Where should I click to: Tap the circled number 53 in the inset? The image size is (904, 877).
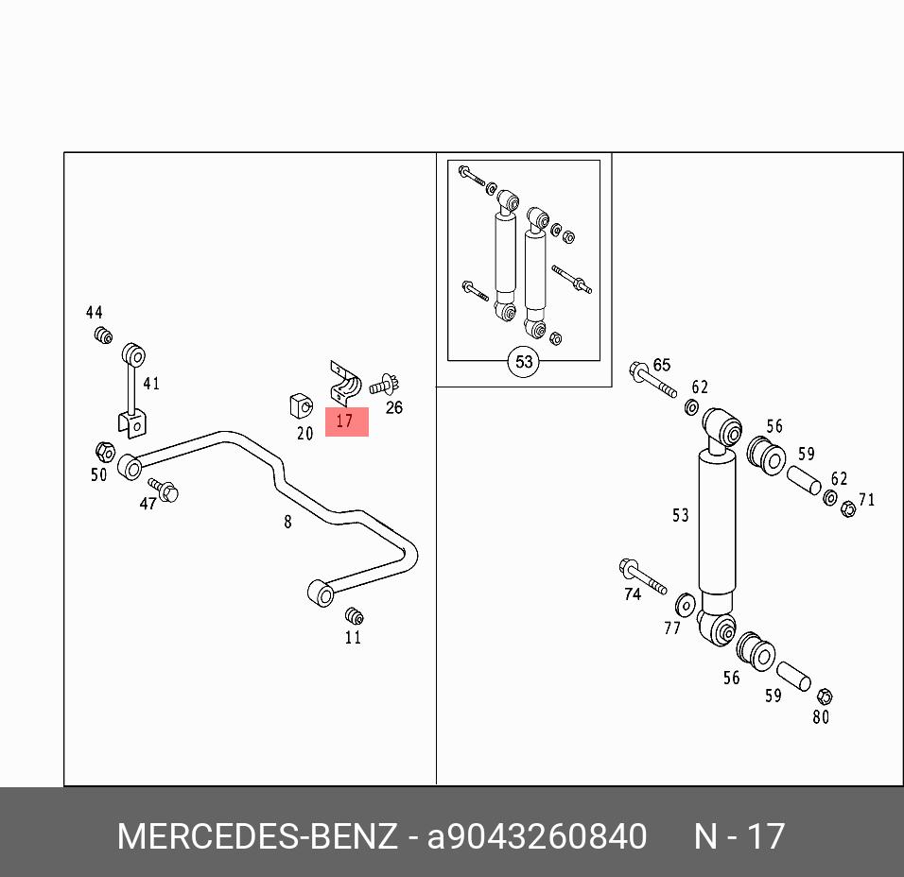(524, 362)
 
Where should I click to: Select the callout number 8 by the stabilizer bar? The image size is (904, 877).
(287, 522)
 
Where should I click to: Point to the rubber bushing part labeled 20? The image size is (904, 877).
(301, 405)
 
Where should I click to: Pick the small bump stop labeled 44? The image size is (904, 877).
(103, 335)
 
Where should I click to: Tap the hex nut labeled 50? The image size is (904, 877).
(105, 453)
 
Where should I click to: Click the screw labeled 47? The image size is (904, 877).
(164, 490)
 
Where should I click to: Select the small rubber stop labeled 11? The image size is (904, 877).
(354, 616)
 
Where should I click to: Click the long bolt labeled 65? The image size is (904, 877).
(652, 380)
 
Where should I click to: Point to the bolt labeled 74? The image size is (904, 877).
(642, 576)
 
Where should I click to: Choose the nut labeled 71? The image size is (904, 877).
(848, 508)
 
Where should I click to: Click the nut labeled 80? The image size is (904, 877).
(825, 696)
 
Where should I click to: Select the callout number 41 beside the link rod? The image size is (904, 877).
(151, 384)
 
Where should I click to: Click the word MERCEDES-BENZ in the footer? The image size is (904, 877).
(257, 836)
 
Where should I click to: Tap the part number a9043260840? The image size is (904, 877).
(537, 836)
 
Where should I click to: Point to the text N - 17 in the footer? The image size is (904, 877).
(739, 836)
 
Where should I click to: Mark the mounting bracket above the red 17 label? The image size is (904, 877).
(345, 383)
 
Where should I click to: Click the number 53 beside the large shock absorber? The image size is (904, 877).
(680, 515)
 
